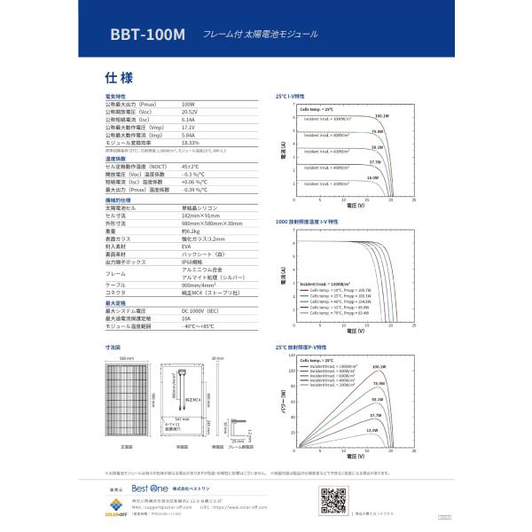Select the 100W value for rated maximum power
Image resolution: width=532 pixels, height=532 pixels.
(x=188, y=104)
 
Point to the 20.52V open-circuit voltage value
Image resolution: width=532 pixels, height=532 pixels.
(x=190, y=112)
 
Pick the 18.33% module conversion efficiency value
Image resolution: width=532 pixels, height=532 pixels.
(x=190, y=143)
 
